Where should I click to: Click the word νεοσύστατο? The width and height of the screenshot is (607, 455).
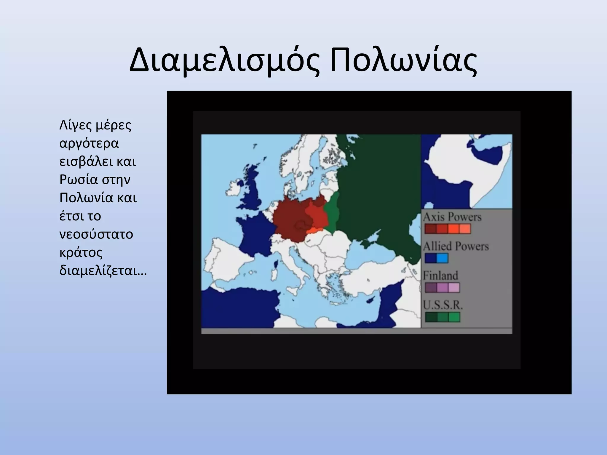coord(96,234)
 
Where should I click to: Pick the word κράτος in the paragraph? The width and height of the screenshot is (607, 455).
coord(81,253)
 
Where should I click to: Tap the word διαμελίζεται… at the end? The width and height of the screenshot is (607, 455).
coord(103,270)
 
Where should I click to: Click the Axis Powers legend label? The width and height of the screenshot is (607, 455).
coord(452,217)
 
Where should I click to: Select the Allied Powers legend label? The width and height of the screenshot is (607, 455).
coord(456,246)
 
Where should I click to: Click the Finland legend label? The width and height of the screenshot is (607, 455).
coord(440,275)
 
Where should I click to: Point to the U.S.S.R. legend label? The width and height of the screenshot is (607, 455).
coord(443,305)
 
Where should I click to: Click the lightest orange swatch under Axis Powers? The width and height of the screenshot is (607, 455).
coord(465,229)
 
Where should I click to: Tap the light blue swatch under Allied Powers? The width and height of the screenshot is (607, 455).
coord(442,258)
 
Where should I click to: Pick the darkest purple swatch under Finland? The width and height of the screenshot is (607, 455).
coord(431,287)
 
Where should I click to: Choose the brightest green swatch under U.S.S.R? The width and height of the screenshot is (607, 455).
coord(454,317)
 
